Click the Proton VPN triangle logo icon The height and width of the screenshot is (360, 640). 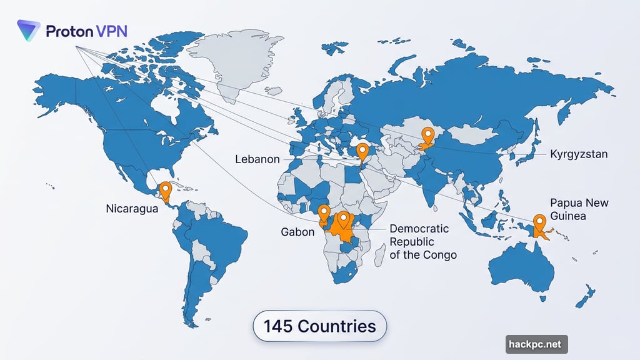click(x=29, y=31)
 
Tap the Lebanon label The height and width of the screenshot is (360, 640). click(x=257, y=159)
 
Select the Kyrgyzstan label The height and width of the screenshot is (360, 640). click(x=579, y=154)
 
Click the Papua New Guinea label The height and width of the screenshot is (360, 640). click(x=579, y=209)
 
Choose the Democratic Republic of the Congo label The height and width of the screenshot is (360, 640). click(x=422, y=241)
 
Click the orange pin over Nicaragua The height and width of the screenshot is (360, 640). click(x=165, y=189)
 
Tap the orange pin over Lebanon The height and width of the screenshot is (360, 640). click(x=362, y=151)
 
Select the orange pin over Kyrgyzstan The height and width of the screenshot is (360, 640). click(x=428, y=135)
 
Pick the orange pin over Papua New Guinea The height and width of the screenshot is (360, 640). click(x=539, y=222)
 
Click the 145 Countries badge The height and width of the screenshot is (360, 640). click(x=319, y=326)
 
